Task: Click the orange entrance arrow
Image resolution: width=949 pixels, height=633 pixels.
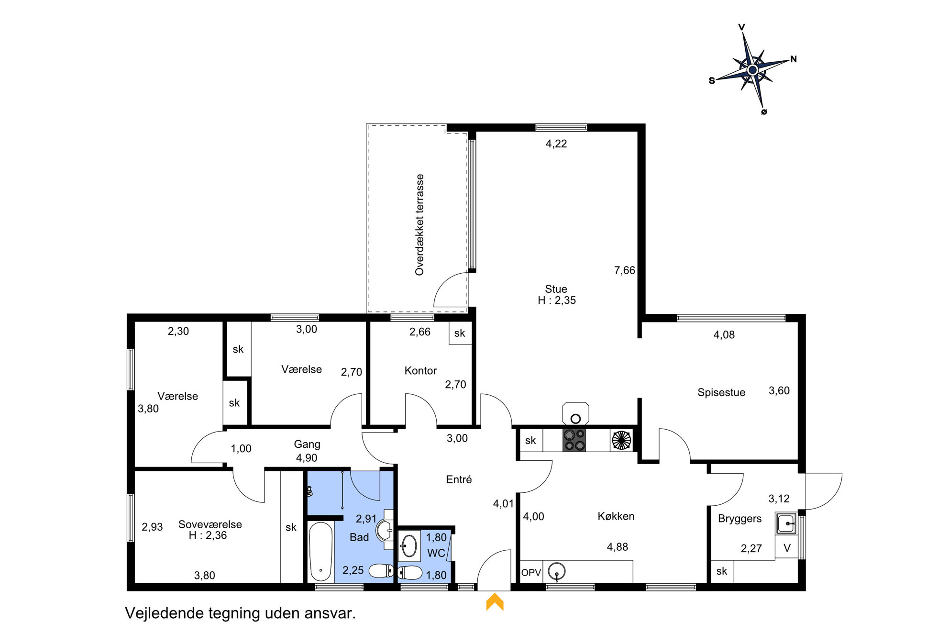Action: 495,602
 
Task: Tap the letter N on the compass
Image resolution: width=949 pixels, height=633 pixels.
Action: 794,59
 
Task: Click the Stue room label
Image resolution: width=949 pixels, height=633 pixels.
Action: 556,289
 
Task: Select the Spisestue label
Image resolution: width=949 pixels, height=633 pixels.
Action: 721,392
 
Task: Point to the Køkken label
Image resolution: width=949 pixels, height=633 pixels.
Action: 616,516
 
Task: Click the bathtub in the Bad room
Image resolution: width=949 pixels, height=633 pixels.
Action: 321,552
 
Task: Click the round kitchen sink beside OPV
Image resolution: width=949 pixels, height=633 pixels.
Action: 556,571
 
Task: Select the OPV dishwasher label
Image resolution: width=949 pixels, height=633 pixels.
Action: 531,572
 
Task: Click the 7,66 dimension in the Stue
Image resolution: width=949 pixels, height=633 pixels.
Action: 625,270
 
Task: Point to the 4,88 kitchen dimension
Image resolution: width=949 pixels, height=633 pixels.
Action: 618,547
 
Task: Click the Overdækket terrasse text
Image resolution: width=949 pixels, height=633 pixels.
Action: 419,224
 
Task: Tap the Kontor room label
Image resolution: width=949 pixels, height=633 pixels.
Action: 420,370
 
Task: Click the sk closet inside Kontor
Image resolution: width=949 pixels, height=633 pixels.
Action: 460,333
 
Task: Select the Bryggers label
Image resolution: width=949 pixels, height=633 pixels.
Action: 739,519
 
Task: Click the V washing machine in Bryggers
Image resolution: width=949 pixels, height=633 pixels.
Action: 787,548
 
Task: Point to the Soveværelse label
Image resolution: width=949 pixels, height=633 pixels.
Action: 210,524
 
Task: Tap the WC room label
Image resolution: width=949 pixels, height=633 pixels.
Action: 436,553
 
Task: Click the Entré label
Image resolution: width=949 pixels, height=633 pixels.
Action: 459,479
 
